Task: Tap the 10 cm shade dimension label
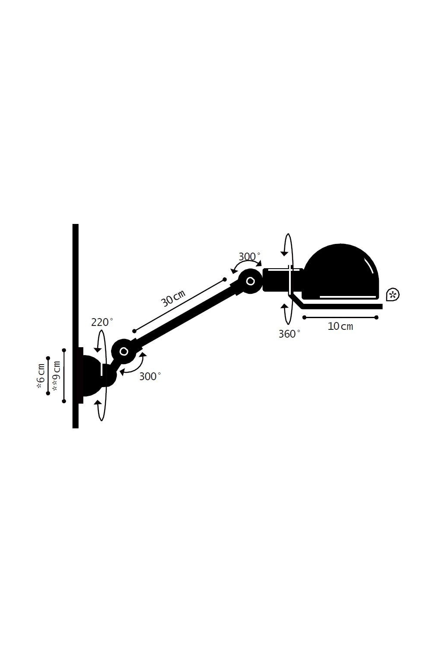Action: (x=340, y=326)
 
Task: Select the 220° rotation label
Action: (x=102, y=322)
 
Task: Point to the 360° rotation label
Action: (x=289, y=334)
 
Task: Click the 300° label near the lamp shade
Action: (x=249, y=256)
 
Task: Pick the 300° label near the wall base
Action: (x=150, y=377)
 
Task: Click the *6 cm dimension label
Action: (x=41, y=376)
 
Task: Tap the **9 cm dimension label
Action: (x=56, y=376)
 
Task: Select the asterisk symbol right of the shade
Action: (x=392, y=295)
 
